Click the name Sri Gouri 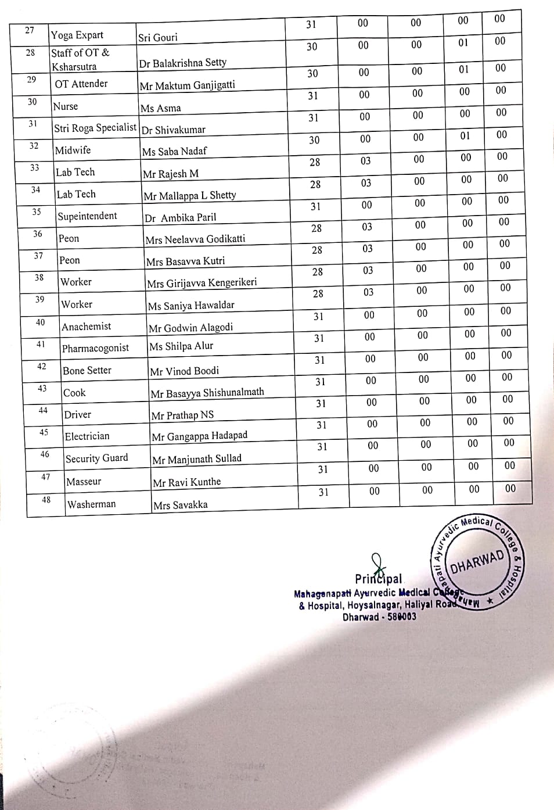click(158, 38)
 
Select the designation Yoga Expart click(77, 35)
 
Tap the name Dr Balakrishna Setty click(182, 63)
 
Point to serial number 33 click(35, 168)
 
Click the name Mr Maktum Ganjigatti click(187, 85)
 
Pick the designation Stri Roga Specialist click(95, 128)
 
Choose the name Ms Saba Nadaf click(174, 152)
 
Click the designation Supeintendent click(87, 216)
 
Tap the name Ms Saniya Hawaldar click(190, 306)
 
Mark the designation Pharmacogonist click(95, 348)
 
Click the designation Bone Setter click(87, 370)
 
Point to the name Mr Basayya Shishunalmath click(207, 393)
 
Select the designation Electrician click(87, 436)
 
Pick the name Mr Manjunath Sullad click(196, 459)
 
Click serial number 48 click(46, 500)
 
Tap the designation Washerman click(91, 504)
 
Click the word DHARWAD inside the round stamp click(477, 561)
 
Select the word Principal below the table click(379, 579)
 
